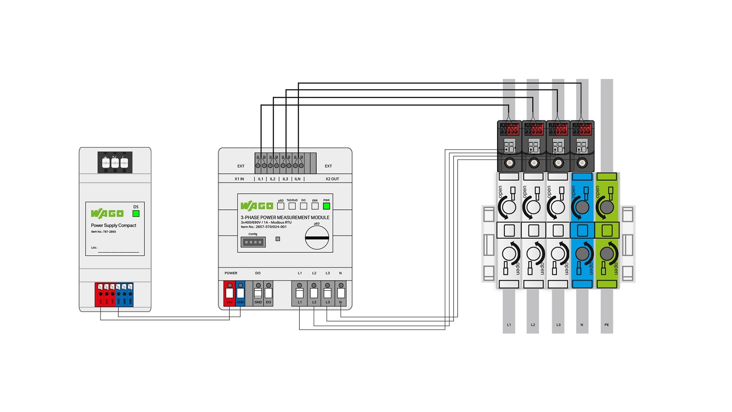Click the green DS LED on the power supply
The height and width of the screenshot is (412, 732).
coord(136,214)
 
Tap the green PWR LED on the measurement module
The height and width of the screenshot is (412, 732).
coord(326,206)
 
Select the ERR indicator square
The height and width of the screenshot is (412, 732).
coord(315,206)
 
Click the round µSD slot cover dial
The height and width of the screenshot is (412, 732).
coord(317,238)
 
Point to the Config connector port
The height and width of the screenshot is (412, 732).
coord(253,242)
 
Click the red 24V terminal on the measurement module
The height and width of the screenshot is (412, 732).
coord(229,293)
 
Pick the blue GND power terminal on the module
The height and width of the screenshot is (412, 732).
coord(240,293)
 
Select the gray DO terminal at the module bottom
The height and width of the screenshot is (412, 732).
coord(269,293)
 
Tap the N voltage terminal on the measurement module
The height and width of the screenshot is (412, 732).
coord(341,293)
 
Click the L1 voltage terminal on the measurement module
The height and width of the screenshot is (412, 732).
coord(299,293)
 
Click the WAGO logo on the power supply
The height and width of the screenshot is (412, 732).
coord(107,213)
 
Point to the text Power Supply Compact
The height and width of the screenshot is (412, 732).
coord(113,225)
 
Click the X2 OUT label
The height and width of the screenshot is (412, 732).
coord(332,179)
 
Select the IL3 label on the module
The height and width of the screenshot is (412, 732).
coord(285,179)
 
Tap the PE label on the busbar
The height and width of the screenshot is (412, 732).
coord(607,325)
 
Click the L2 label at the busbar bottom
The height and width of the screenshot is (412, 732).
coord(533,325)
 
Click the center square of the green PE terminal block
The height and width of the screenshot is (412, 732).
coord(607,230)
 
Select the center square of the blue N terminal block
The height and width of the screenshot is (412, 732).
coord(582,230)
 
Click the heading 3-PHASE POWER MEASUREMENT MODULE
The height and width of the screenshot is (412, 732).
coord(285,218)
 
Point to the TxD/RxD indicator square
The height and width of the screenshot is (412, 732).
coord(292,206)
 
